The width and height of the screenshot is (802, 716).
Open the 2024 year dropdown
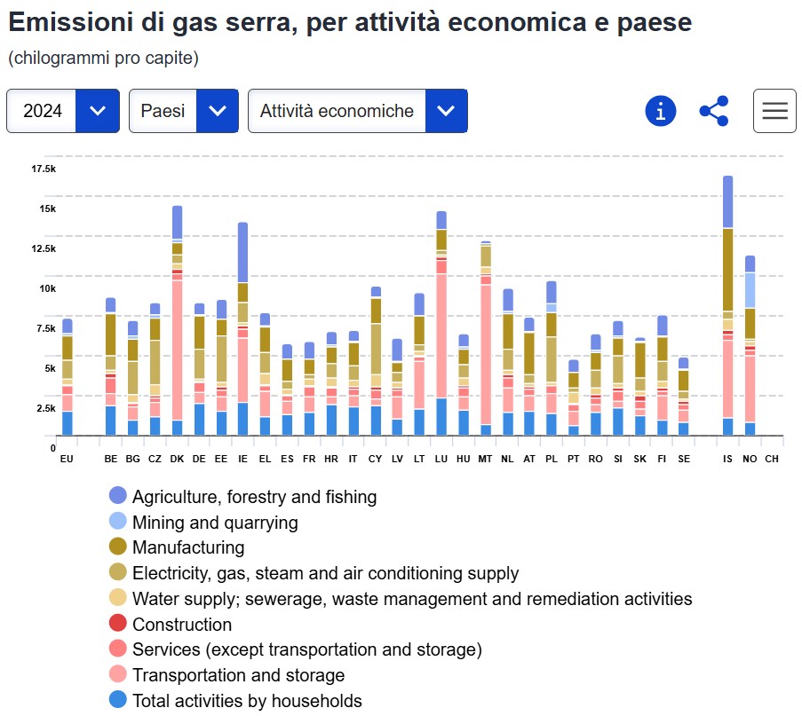pyautogui.click(x=62, y=111)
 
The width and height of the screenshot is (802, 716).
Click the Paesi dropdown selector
pyautogui.click(x=183, y=111)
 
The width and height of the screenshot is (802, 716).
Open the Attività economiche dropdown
pyautogui.click(x=357, y=111)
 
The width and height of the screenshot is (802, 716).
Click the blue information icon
pyautogui.click(x=660, y=111)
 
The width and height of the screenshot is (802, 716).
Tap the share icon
pyautogui.click(x=713, y=111)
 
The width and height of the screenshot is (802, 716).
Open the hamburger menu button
pyautogui.click(x=774, y=111)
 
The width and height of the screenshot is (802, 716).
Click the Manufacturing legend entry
pyautogui.click(x=187, y=547)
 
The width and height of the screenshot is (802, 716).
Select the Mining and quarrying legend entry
pyautogui.click(x=214, y=523)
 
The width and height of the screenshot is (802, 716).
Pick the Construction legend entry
pyautogui.click(x=181, y=625)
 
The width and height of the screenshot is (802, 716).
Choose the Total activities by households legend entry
pyautogui.click(x=246, y=701)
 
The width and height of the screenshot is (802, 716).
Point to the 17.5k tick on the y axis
pyautogui.click(x=44, y=169)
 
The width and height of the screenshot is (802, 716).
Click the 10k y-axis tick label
pyautogui.click(x=46, y=288)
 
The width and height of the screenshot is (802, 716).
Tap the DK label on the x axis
pyautogui.click(x=177, y=459)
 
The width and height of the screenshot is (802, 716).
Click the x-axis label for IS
pyautogui.click(x=727, y=459)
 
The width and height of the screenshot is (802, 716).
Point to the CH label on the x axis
pyautogui.click(x=771, y=459)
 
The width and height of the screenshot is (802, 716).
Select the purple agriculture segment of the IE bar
pyautogui.click(x=242, y=252)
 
